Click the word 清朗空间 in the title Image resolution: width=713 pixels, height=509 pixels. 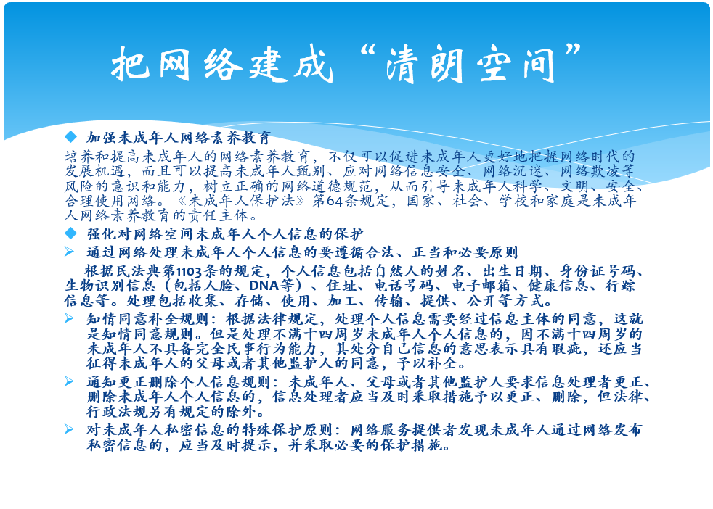470,64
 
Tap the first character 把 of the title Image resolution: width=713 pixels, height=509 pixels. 130,64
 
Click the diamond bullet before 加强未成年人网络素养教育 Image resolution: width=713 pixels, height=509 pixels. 71,136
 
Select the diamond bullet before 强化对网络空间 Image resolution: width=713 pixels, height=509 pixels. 71,233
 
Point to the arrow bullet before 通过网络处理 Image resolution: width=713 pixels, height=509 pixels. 69,251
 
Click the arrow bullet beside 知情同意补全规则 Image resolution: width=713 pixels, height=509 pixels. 69,318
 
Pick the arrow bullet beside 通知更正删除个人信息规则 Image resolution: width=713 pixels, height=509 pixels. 69,381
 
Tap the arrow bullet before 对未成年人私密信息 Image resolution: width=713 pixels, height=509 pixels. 69,429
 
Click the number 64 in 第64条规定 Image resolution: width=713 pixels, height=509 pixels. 334,201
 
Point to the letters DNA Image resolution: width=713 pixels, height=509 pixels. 264,286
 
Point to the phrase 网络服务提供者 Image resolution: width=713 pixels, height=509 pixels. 404,430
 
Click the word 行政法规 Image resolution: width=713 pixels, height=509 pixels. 117,412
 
